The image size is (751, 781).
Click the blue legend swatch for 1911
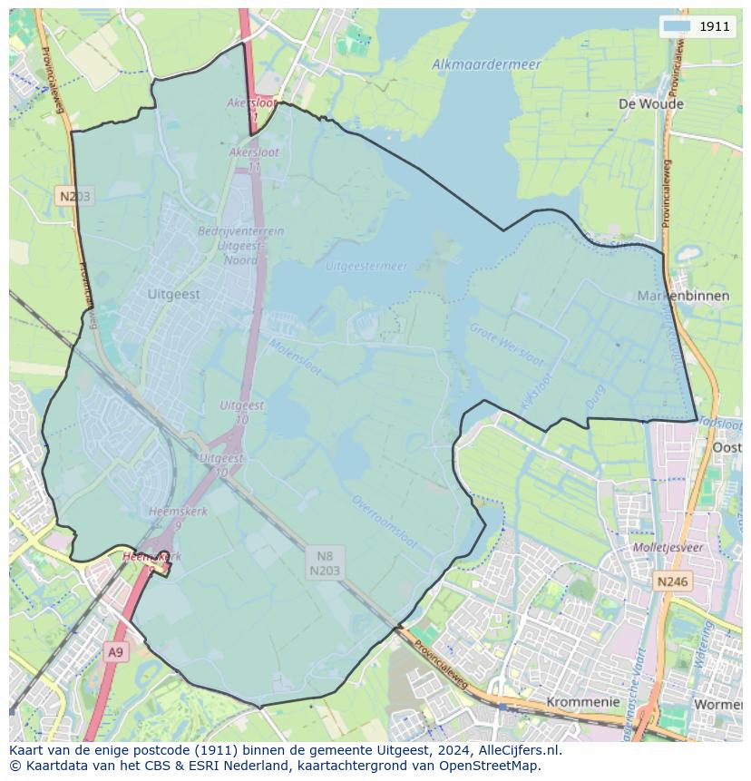point(677,26)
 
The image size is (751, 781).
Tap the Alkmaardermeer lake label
point(486,64)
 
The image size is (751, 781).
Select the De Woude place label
point(650,103)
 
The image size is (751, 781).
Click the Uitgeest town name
point(173,295)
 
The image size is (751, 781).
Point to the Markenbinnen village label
point(683,296)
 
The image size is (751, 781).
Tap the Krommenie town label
point(583,702)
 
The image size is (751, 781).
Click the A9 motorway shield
point(115,652)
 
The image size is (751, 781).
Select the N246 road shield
point(672,581)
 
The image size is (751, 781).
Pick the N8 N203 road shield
point(325,562)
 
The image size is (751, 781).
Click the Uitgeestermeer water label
point(366,267)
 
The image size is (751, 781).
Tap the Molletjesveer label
point(668,548)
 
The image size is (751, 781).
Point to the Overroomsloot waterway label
point(385,522)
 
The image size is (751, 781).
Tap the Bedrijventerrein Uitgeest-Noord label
point(240,245)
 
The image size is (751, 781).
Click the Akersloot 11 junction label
point(254,159)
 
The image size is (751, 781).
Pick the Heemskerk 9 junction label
point(179,518)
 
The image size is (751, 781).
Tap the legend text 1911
point(714,26)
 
